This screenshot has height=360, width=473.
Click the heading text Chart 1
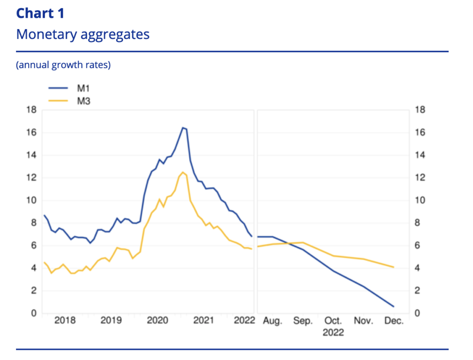tap(40, 13)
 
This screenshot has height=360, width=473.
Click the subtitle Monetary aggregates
tap(83, 34)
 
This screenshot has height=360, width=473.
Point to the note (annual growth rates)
tap(63, 65)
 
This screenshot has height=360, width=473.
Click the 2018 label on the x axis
tap(65, 321)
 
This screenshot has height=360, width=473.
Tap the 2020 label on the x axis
tap(158, 321)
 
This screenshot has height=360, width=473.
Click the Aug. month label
tap(273, 321)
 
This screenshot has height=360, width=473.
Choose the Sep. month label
tap(303, 321)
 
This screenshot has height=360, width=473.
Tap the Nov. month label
tap(364, 321)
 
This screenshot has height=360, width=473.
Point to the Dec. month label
tap(394, 321)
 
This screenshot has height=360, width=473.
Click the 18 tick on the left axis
tap(32, 110)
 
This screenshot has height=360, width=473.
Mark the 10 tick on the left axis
tap(32, 201)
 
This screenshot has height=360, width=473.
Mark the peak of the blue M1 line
tap(183, 128)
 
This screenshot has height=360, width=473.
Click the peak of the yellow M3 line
tap(183, 172)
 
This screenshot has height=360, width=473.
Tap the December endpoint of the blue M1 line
tap(394, 306)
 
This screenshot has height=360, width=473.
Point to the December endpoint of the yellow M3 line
tap(394, 267)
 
